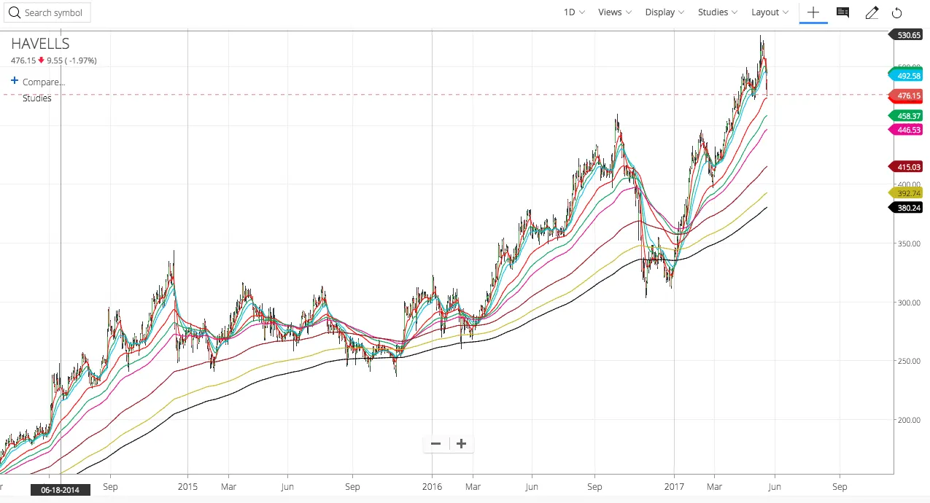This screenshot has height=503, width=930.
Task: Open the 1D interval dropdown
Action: pyautogui.click(x=574, y=12)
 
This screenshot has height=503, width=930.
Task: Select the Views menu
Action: pyautogui.click(x=614, y=12)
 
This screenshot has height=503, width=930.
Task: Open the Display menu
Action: pyautogui.click(x=664, y=12)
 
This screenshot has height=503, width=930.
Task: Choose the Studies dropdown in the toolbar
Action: pyautogui.click(x=717, y=12)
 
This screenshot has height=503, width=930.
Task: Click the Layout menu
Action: pyautogui.click(x=770, y=12)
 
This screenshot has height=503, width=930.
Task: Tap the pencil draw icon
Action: pyautogui.click(x=872, y=12)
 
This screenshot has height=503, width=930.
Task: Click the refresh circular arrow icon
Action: pyautogui.click(x=897, y=12)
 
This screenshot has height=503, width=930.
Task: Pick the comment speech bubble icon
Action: pyautogui.click(x=842, y=12)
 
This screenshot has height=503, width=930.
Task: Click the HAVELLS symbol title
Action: pyautogui.click(x=40, y=44)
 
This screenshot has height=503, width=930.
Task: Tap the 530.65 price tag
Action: pyautogui.click(x=908, y=35)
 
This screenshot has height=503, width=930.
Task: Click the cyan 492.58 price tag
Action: pyautogui.click(x=908, y=76)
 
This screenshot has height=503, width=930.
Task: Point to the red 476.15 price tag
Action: pyautogui.click(x=908, y=95)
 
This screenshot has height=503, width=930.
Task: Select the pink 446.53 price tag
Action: pyautogui.click(x=908, y=129)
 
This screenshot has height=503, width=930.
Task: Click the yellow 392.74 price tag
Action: pyautogui.click(x=908, y=193)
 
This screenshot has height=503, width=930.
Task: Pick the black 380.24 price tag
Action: pyautogui.click(x=908, y=208)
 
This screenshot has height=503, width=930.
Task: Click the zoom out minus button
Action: pyautogui.click(x=436, y=443)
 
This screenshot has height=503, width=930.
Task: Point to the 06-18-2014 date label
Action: pyautogui.click(x=61, y=490)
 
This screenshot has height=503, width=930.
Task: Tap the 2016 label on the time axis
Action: pyautogui.click(x=432, y=486)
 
